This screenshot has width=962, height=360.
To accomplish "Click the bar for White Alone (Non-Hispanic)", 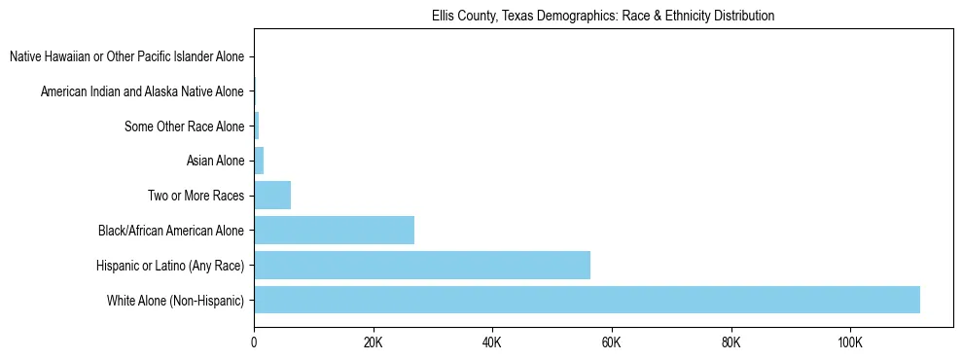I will point(587,300).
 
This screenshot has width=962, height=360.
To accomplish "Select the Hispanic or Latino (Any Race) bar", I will point(422,265).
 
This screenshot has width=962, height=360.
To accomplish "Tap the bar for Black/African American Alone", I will point(334,231).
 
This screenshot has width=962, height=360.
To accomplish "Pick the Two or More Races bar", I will point(272,196).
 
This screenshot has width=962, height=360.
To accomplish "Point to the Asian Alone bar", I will point(259,161).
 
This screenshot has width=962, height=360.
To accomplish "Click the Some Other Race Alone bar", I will point(257,126).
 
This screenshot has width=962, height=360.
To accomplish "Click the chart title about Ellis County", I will point(603,17).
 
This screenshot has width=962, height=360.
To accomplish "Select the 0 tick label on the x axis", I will point(254,342).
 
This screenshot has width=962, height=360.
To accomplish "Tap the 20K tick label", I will point(374,342).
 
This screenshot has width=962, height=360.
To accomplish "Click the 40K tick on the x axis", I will point(492,342).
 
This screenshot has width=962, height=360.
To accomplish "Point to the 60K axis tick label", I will point(612,342).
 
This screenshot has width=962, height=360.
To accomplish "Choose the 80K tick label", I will point(730,342).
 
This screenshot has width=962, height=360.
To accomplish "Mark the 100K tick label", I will point(850,342).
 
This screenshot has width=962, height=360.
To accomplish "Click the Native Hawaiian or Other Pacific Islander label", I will point(126,57).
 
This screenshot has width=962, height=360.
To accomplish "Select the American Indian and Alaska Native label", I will point(142,92).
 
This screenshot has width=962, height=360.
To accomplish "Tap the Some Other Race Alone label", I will point(184,126).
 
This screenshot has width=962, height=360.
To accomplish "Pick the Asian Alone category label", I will point(215,162).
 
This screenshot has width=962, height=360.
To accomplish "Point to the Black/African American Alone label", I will point(171,231).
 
